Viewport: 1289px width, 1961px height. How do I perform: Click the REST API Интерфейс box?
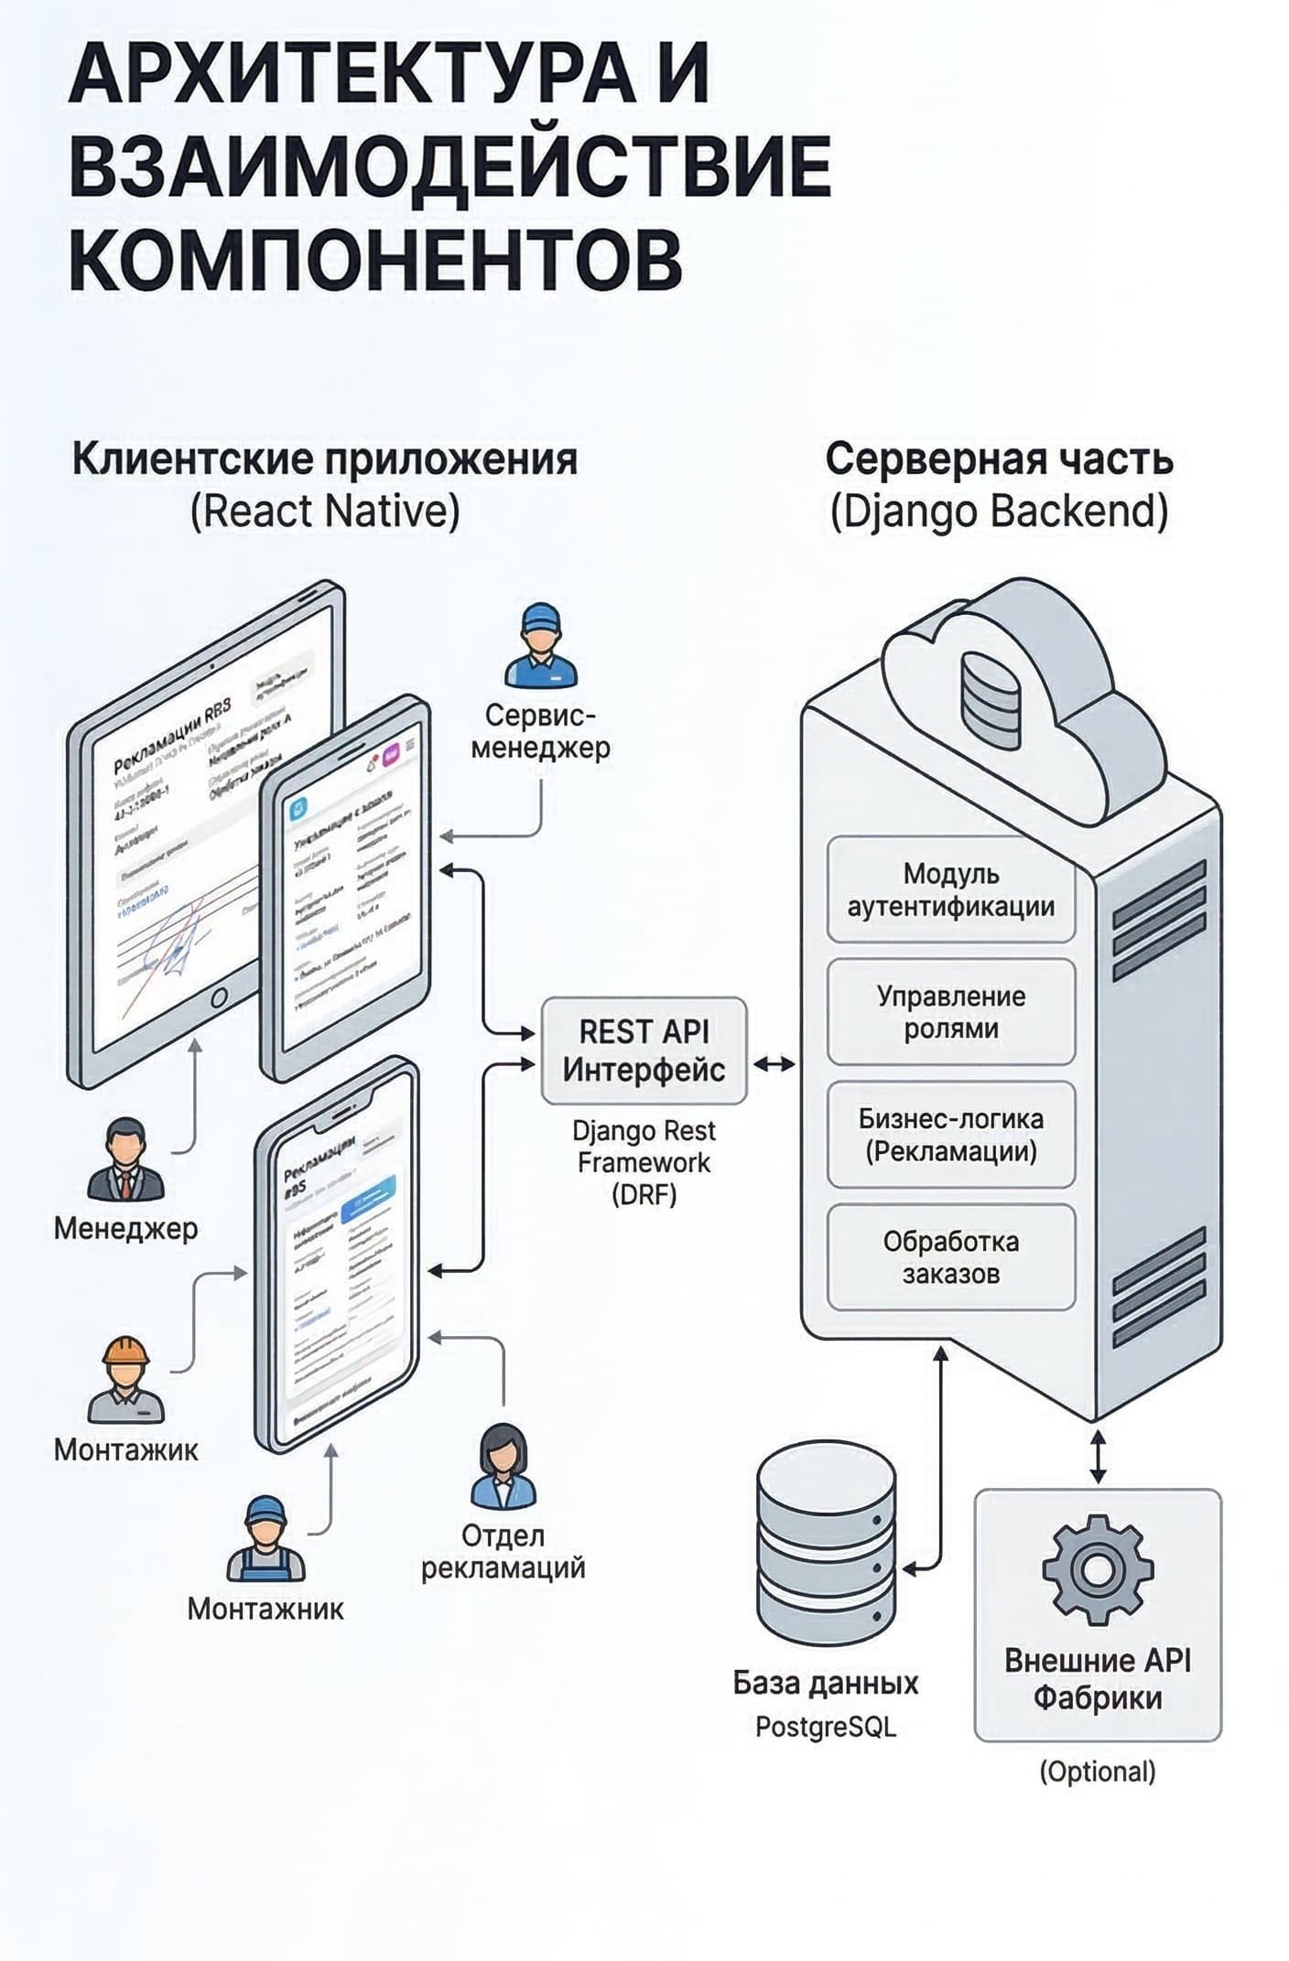click(644, 1051)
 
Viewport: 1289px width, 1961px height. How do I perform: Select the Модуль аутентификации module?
click(950, 889)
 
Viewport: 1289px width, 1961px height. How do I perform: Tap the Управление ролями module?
click(950, 1012)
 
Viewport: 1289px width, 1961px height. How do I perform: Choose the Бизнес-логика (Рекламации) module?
click(950, 1135)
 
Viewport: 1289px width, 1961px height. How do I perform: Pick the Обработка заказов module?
click(950, 1257)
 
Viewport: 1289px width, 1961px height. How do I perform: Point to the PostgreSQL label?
click(825, 1727)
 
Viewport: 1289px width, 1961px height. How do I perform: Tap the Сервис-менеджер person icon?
click(540, 646)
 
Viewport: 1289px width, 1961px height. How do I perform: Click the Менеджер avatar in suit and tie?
click(125, 1159)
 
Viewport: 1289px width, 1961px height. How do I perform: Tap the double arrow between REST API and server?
click(774, 1064)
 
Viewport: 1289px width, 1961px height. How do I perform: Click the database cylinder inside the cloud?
click(990, 701)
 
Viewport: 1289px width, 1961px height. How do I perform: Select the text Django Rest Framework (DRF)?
click(644, 1162)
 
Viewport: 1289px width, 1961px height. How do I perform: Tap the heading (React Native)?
click(324, 512)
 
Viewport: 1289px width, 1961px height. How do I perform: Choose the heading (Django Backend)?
click(999, 512)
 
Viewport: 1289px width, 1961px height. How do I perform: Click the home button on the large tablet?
click(219, 997)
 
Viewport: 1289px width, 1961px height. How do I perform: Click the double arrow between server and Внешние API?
click(1098, 1457)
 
